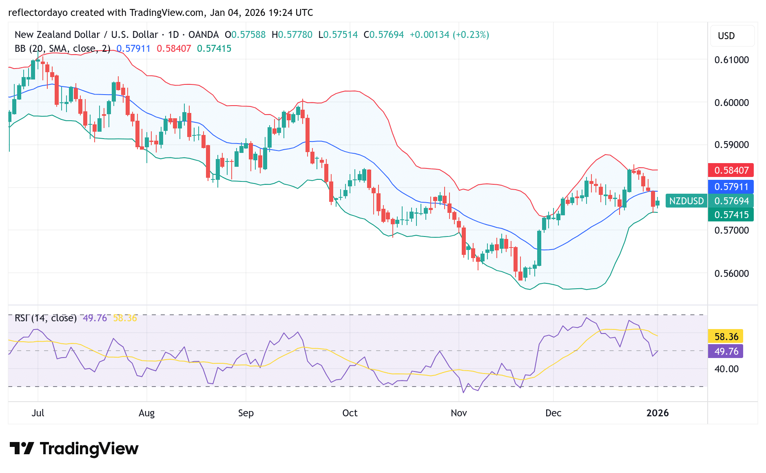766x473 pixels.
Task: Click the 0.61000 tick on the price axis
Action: click(x=731, y=60)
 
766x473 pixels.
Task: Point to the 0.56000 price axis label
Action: click(x=731, y=273)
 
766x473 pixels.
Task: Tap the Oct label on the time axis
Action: click(x=350, y=413)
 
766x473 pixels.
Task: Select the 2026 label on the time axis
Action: click(x=658, y=413)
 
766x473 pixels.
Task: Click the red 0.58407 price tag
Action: click(x=731, y=170)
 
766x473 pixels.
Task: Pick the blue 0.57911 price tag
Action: click(x=731, y=187)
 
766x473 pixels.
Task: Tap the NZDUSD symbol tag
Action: click(x=686, y=201)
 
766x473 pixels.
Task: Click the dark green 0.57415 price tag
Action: click(x=731, y=215)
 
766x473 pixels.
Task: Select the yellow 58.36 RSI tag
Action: click(x=726, y=337)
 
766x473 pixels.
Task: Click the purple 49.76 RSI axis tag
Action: click(x=726, y=351)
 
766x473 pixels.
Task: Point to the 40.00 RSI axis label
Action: click(x=726, y=369)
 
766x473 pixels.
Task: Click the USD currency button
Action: click(x=726, y=36)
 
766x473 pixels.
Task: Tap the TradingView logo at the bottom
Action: click(x=74, y=449)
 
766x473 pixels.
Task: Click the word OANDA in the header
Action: click(x=203, y=35)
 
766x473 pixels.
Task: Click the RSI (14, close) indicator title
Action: click(x=46, y=318)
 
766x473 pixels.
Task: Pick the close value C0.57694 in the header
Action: click(x=383, y=35)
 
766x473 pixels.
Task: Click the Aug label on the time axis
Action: click(x=146, y=413)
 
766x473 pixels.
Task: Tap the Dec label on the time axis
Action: click(x=553, y=413)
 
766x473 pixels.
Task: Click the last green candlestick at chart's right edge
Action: click(x=658, y=203)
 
